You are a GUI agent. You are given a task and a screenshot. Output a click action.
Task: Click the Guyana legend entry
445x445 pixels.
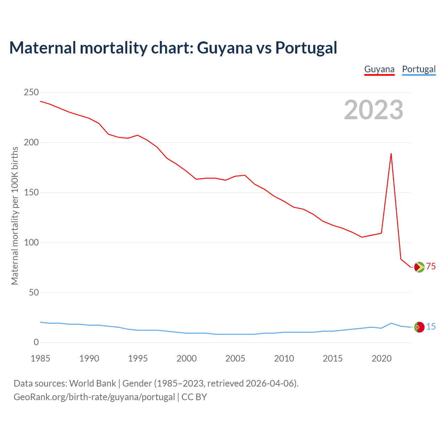pos(379,69)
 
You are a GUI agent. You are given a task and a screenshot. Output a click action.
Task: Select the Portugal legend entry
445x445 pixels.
pos(419,69)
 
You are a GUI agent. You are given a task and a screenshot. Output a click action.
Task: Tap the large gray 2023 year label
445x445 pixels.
pos(373,110)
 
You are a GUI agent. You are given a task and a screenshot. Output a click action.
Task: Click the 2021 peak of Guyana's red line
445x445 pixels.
pos(391,153)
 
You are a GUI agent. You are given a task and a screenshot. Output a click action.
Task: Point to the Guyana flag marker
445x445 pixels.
pos(419,267)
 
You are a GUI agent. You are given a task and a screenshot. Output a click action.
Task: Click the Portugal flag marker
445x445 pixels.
pos(419,327)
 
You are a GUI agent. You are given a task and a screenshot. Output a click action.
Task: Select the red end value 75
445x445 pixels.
pos(431,267)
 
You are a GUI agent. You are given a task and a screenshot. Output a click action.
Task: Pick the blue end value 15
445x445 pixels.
pos(431,327)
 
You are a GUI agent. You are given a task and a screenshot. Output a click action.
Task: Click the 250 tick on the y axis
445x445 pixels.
pos(31,92)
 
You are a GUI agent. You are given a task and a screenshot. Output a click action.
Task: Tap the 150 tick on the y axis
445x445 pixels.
pos(31,193)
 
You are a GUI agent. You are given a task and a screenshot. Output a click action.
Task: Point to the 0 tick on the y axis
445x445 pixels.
pos(36,342)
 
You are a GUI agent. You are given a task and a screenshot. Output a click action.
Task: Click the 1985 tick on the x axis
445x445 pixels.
pos(40,358)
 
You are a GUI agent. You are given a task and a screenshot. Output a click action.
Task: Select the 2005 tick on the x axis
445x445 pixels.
pos(235,358)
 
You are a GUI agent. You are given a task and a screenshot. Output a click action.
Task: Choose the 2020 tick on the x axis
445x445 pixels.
pos(381,358)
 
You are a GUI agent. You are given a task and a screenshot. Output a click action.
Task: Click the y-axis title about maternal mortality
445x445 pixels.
pos(15,216)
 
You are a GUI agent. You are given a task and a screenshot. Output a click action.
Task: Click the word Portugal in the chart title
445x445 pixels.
pos(306,48)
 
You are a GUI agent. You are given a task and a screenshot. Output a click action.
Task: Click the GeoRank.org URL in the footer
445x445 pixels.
pos(94,397)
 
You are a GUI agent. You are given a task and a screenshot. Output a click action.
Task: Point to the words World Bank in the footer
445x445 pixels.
pos(92,383)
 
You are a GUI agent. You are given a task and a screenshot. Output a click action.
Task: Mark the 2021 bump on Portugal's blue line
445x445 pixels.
pos(391,323)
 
